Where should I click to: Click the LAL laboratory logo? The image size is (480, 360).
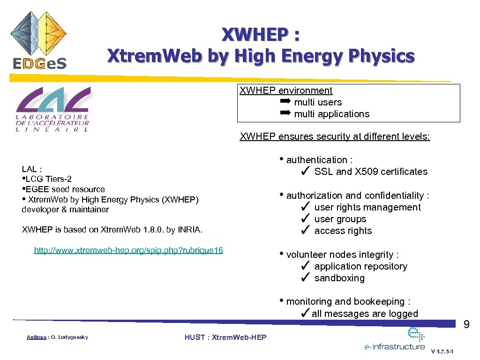53,110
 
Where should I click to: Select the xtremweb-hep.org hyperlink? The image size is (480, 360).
128,250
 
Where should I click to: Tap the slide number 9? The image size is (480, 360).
466,324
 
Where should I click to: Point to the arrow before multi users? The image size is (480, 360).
285,102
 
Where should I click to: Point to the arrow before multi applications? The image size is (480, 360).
285,113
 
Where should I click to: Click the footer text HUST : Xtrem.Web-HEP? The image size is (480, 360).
225,337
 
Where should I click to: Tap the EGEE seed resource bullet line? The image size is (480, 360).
64,189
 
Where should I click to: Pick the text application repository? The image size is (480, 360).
360,266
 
